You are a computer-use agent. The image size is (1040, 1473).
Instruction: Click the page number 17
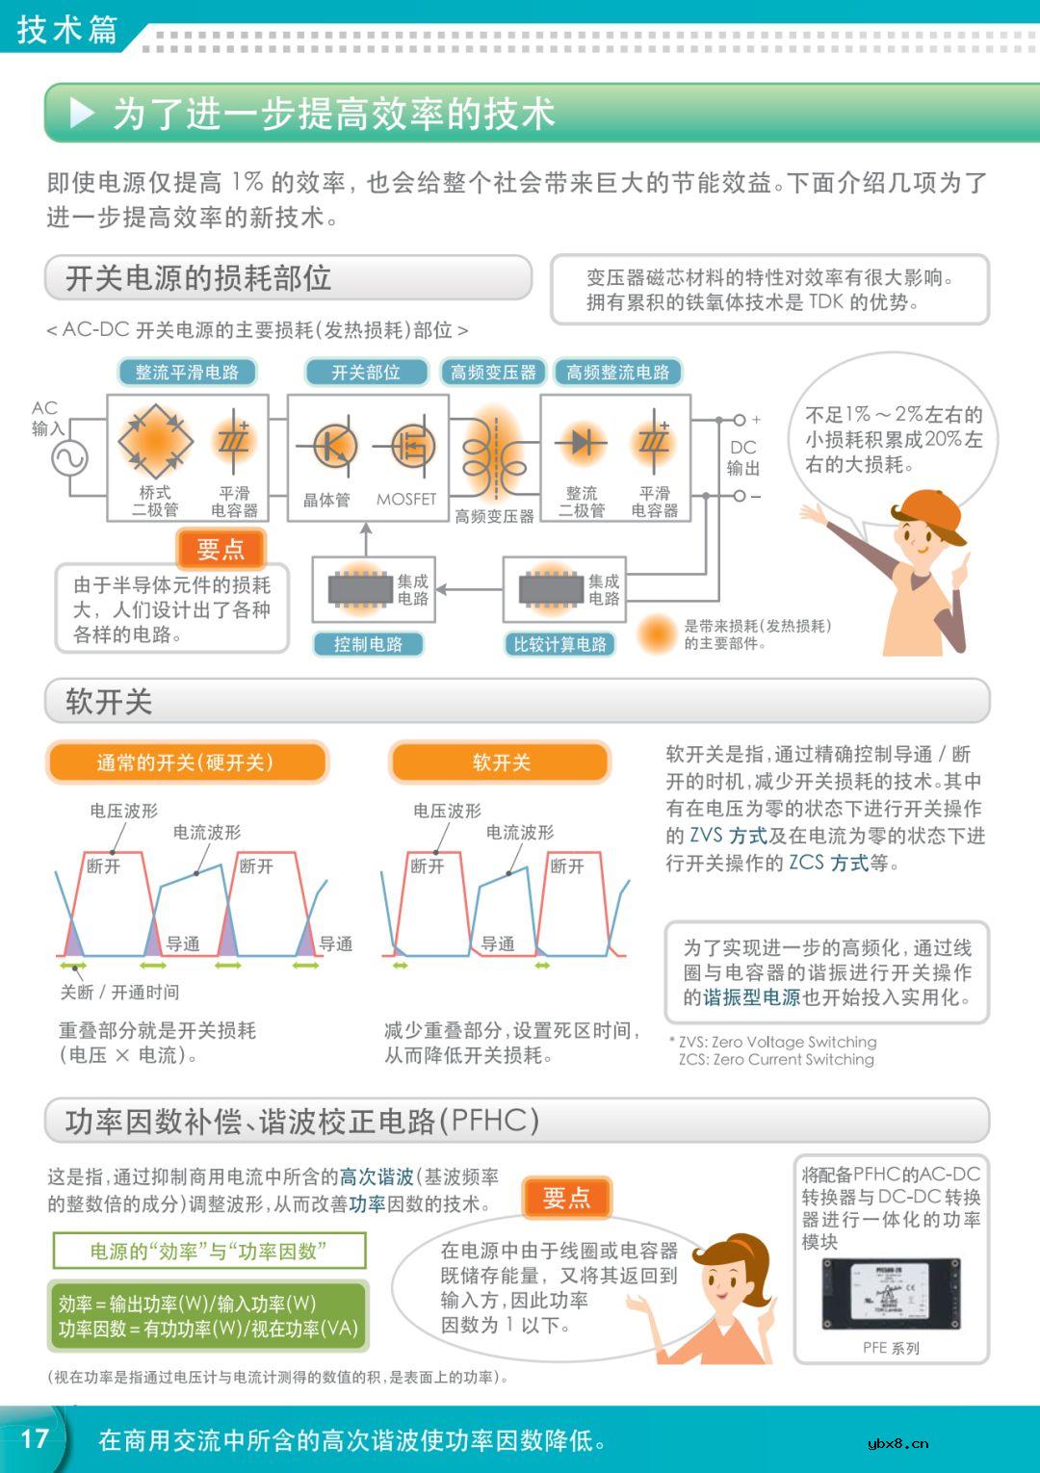pyautogui.click(x=35, y=1438)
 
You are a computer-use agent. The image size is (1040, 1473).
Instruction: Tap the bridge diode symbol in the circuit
pyautogui.click(x=154, y=442)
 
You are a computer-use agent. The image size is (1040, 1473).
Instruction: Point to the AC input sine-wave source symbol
pyautogui.click(x=69, y=458)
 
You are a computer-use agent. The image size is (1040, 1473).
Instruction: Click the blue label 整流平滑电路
pyautogui.click(x=187, y=373)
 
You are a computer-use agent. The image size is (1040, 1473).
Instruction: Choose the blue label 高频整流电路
pyautogui.click(x=617, y=373)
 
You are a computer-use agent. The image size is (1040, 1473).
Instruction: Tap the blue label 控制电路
pyautogui.click(x=368, y=644)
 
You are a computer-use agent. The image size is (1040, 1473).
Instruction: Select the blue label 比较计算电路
pyautogui.click(x=559, y=644)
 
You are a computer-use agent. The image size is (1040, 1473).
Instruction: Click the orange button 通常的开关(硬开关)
pyautogui.click(x=186, y=762)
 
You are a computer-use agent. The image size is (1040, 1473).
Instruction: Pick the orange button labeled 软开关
pyautogui.click(x=501, y=762)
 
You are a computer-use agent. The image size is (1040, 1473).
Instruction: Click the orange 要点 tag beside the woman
pyautogui.click(x=566, y=1198)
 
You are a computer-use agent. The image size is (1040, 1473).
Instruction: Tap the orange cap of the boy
pyautogui.click(x=930, y=516)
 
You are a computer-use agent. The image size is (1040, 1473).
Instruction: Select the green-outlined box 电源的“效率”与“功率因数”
pyautogui.click(x=209, y=1252)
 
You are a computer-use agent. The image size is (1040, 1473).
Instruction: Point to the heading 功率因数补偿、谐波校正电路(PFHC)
pyautogui.click(x=302, y=1121)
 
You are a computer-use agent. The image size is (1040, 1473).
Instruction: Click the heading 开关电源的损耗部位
pyautogui.click(x=198, y=278)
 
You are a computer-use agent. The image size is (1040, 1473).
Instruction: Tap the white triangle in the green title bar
pyautogui.click(x=83, y=114)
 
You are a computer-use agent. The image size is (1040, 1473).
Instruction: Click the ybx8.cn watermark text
pyautogui.click(x=897, y=1442)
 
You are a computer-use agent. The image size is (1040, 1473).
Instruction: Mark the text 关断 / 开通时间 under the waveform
pyautogui.click(x=119, y=992)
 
